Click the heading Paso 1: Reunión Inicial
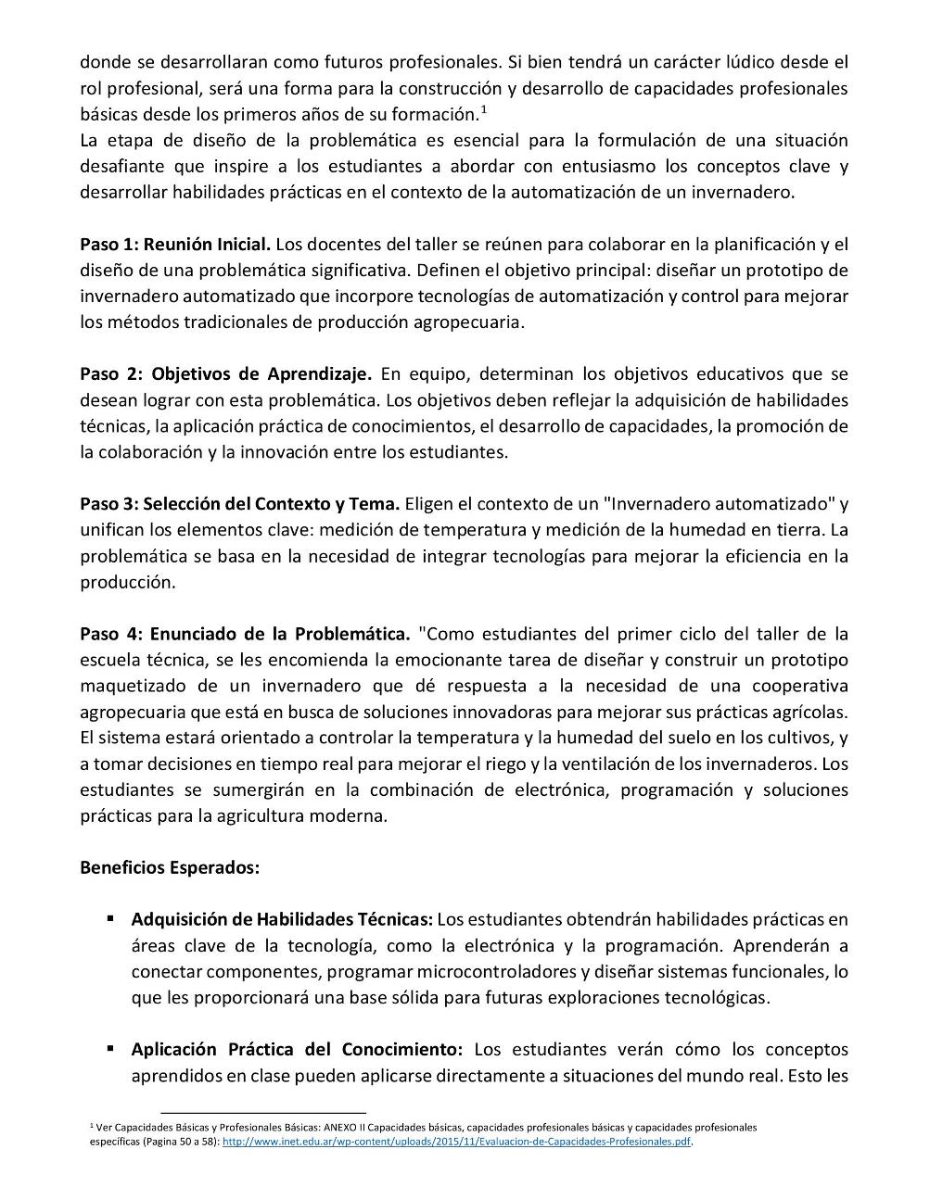(x=175, y=245)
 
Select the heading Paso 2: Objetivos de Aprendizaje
(x=225, y=374)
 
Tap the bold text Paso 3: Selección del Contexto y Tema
(x=239, y=504)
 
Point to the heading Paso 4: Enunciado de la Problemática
(x=245, y=634)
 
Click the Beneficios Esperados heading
(x=170, y=868)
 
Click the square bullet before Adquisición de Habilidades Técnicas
(x=110, y=919)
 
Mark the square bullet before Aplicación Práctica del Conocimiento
(x=110, y=1049)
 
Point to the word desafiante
(x=122, y=167)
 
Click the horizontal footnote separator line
(x=263, y=1111)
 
